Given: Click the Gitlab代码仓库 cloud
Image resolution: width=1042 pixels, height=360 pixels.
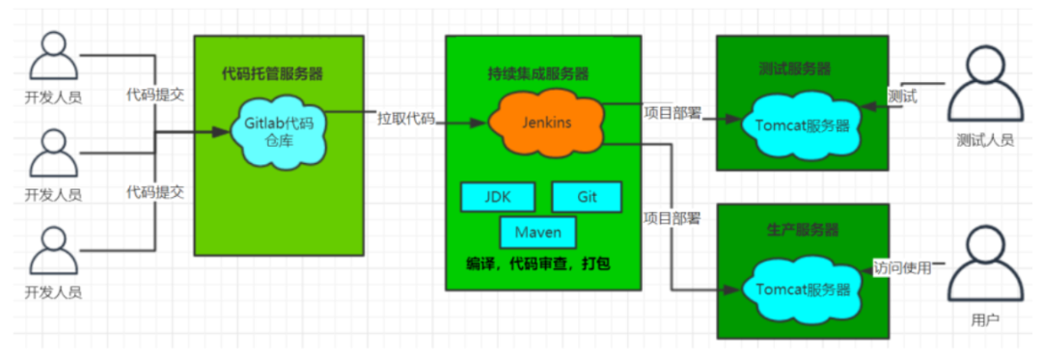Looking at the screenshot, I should [278, 131].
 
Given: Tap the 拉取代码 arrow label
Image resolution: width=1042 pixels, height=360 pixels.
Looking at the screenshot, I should [405, 121].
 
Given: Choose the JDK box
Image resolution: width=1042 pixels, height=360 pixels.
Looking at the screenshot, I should [497, 196].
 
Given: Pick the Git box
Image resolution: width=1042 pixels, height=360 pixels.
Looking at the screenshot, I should [588, 196].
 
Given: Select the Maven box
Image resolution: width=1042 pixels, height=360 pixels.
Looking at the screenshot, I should [537, 233].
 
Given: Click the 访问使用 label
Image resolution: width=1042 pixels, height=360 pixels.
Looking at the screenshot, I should [902, 267].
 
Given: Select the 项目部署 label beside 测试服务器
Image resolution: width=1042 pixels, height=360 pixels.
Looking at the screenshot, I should [672, 112].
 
